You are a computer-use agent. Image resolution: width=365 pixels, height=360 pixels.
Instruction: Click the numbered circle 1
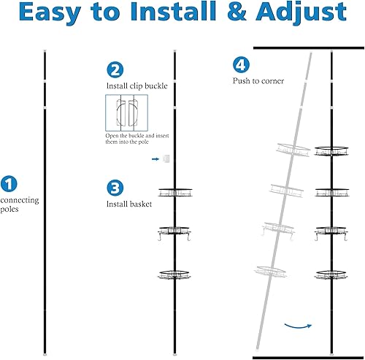pos(9,183)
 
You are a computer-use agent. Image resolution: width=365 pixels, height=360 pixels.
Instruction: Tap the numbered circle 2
pos(115,69)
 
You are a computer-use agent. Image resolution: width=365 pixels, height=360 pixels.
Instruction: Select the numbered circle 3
pos(115,188)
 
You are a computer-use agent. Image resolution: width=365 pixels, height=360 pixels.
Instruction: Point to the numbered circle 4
pos(241,64)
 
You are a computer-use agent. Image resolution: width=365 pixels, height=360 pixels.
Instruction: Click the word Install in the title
pos(173,12)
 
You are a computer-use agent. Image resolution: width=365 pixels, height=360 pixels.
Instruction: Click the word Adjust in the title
pos(301,12)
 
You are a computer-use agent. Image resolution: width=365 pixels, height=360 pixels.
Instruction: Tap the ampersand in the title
pos(237,12)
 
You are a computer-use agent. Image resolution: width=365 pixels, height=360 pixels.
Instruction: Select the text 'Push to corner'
pos(258,81)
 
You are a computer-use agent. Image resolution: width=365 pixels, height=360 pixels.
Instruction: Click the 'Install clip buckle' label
pos(137,86)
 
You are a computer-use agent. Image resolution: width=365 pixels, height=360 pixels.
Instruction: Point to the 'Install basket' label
pos(129,204)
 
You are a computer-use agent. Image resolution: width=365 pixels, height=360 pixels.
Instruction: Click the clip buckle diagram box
pos(126,112)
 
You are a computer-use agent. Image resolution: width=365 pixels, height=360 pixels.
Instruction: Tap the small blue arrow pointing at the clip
pos(155,159)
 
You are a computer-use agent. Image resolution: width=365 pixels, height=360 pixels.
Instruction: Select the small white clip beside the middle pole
pos(166,158)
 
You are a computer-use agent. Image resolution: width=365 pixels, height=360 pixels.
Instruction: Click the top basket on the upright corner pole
pos(331,151)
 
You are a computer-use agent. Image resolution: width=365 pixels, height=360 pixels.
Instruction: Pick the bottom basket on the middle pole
pos(174,275)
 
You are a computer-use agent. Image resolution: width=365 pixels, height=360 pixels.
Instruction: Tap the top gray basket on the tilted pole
pos(293,150)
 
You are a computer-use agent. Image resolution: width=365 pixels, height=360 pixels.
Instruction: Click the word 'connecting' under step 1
pos(20,200)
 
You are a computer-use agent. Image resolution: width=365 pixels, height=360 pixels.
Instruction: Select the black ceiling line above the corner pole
pos(309,48)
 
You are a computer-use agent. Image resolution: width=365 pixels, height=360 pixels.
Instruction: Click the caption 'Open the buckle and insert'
pos(137,136)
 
